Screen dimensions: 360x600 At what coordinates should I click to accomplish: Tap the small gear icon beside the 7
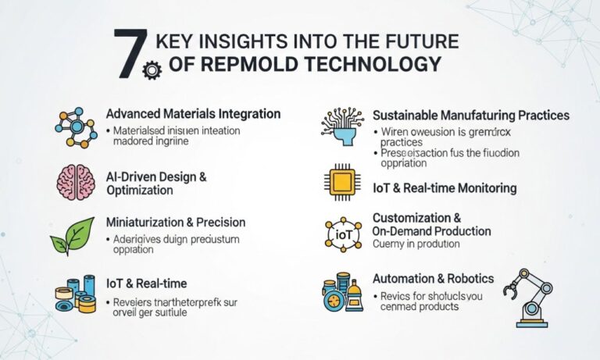(x=149, y=71)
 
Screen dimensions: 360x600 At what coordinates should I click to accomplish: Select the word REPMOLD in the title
(x=234, y=65)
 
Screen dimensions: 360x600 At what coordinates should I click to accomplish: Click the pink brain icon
(x=75, y=181)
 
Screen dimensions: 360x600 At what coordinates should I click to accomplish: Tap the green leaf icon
(x=73, y=235)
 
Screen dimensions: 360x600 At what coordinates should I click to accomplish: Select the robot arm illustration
(x=528, y=297)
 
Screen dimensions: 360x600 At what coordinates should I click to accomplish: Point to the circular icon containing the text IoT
(x=342, y=233)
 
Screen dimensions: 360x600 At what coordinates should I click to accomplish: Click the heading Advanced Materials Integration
(x=193, y=114)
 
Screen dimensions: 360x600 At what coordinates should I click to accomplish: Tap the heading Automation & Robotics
(x=433, y=278)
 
